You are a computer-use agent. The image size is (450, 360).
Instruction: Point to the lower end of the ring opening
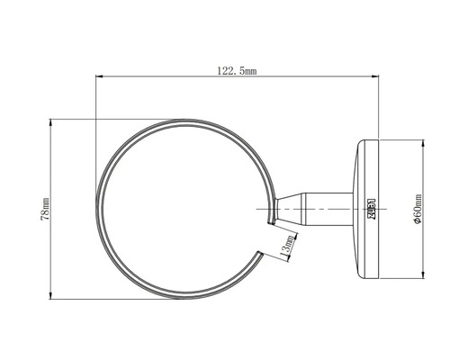[260, 255]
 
